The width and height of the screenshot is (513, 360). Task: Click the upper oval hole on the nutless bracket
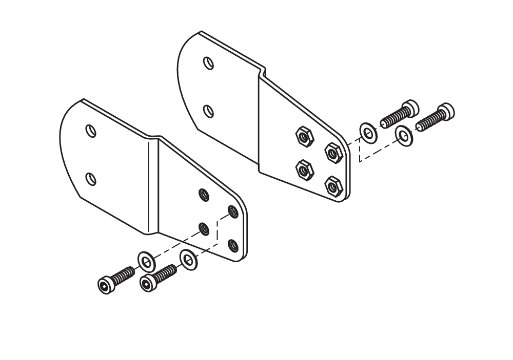coord(91,131)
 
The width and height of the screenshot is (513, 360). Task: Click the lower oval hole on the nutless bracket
coord(91,179)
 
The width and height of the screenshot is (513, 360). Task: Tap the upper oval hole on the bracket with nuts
coord(208,63)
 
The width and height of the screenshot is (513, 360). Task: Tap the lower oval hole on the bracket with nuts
coord(208,111)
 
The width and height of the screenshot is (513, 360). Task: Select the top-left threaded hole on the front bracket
coord(204,195)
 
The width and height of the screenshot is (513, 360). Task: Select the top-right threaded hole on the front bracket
coord(233,211)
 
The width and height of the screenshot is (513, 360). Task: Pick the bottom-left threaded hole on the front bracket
coord(204,228)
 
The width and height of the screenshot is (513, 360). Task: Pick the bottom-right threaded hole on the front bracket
coord(233,246)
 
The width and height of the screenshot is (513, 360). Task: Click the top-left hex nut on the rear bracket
coord(303,136)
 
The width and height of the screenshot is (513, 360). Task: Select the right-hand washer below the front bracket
coord(188,260)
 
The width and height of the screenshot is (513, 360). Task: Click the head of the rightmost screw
coord(447,111)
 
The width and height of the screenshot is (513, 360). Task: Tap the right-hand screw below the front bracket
coord(159,276)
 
